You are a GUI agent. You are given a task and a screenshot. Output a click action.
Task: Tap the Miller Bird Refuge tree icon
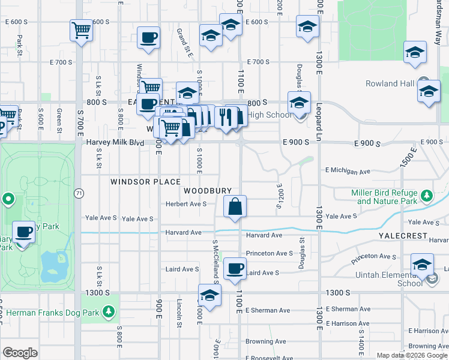point(427,196)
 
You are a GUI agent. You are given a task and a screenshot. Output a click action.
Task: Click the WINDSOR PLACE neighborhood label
point(145,181)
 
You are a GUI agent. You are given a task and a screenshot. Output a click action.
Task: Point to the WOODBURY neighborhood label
point(208,191)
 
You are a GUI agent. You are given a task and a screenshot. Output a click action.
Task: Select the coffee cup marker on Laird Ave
point(235,268)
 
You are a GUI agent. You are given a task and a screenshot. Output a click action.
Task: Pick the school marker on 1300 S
point(209,296)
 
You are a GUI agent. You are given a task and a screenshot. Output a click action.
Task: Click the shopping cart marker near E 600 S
point(81,30)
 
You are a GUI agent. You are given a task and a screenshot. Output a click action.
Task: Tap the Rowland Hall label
point(391,83)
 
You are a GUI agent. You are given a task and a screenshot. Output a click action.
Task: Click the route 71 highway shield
point(79,193)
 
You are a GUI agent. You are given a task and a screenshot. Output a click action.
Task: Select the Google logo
point(20,353)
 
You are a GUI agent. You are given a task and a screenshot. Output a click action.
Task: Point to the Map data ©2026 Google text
point(412,355)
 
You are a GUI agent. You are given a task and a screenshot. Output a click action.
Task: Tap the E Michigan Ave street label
point(348,171)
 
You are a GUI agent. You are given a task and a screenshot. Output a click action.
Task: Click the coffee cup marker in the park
point(24,232)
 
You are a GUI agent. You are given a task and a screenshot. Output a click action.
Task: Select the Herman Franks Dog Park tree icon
point(108,311)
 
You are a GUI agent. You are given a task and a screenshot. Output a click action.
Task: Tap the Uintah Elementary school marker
point(422,265)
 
